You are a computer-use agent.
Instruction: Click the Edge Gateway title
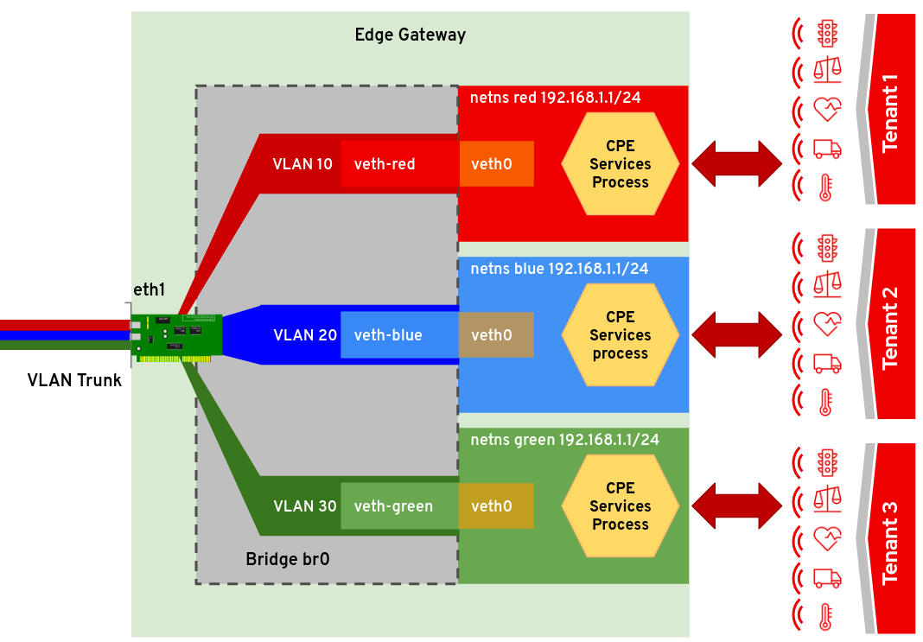tap(410, 35)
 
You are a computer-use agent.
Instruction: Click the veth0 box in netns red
tap(495, 163)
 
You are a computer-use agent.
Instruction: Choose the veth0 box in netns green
tap(495, 506)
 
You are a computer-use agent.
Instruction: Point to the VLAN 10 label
tap(302, 163)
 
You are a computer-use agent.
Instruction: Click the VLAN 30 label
tap(305, 506)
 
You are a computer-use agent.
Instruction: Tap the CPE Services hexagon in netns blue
tap(620, 334)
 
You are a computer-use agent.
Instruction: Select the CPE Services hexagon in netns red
tap(620, 163)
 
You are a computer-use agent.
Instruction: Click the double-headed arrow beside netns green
tap(736, 506)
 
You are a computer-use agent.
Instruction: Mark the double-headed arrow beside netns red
tap(736, 163)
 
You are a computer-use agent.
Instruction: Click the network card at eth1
tap(177, 336)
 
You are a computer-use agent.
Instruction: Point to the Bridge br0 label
tap(287, 560)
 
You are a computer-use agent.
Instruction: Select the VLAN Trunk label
tap(74, 380)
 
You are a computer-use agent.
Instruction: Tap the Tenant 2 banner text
tap(889, 328)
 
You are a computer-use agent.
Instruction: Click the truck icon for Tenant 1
tap(827, 148)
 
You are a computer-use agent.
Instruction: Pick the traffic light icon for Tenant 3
tap(827, 460)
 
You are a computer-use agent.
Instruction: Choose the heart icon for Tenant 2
tap(827, 324)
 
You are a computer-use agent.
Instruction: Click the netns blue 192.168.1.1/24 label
tap(559, 269)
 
